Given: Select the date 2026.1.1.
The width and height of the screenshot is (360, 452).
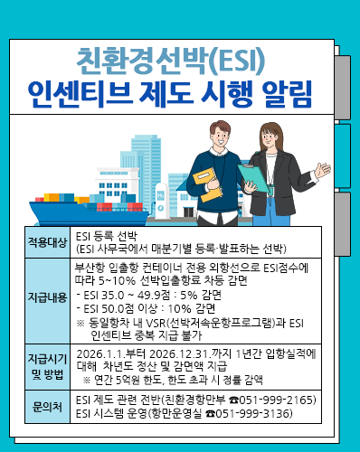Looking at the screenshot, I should click(x=101, y=353).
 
